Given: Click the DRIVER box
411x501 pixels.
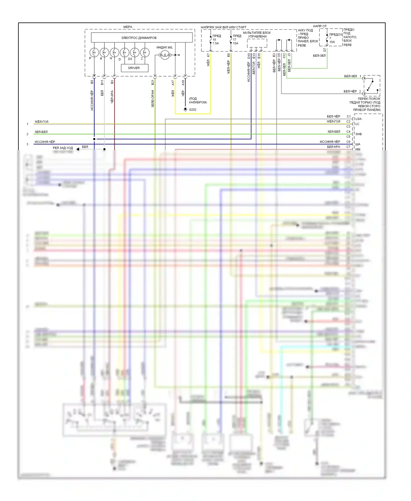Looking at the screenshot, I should (134, 68).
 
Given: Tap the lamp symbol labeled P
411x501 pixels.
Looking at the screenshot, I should (94, 52).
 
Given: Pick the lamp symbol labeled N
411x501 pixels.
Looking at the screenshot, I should (115, 52).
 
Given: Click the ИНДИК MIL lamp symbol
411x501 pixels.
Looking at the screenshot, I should (164, 55).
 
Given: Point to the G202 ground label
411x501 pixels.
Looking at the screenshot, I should (192, 110).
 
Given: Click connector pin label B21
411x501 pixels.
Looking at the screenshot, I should (153, 82).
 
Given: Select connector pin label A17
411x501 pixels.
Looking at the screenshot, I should (173, 82).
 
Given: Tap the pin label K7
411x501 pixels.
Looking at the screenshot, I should (208, 55).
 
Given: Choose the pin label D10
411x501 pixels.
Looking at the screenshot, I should (249, 56).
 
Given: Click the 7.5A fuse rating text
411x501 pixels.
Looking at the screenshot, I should (216, 43).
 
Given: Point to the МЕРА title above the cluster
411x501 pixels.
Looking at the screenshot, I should (128, 27).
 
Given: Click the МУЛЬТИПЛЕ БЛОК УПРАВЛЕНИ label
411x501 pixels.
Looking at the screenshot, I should (257, 35).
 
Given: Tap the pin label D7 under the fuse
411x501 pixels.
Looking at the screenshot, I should (325, 50).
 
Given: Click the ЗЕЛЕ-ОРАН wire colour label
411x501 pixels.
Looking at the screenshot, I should (153, 99).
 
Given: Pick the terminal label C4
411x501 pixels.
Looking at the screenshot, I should (348, 132).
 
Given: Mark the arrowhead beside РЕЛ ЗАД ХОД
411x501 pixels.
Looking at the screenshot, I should (78, 149).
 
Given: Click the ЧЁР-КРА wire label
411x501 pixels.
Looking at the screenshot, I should (112, 97).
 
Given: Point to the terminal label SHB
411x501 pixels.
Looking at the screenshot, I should (358, 134).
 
